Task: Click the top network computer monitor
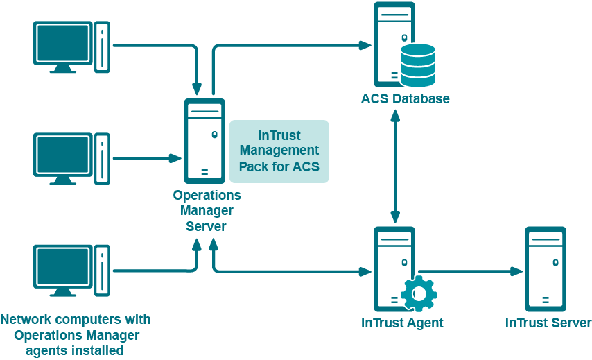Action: coord(63,43)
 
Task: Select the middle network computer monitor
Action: coord(63,155)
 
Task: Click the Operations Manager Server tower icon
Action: coord(204,141)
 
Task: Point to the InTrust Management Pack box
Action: coord(279,151)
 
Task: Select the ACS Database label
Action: coord(405,98)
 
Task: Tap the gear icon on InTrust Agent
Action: coord(419,293)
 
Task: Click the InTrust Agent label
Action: coord(402,323)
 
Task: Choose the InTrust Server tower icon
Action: coord(545,268)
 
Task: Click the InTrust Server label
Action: coord(548,323)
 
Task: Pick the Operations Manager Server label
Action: coord(207,211)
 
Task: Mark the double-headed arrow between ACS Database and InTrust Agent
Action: coord(395,166)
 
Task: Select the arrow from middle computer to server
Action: coord(146,158)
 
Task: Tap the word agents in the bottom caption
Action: coord(48,350)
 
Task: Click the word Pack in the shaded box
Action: coord(254,166)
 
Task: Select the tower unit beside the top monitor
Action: coord(102,47)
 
